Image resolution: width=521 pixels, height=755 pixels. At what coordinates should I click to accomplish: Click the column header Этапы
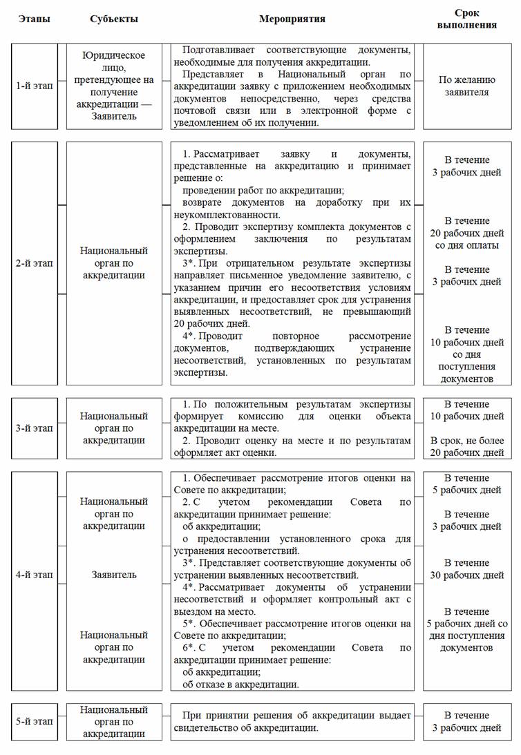point(34,19)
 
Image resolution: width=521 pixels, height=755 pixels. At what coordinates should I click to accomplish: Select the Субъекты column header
point(114,19)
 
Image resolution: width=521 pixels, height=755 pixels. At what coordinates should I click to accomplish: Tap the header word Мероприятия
point(292,19)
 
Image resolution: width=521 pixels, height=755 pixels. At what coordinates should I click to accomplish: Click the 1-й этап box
point(34,86)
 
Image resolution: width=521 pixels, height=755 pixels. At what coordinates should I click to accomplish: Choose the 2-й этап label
point(34,263)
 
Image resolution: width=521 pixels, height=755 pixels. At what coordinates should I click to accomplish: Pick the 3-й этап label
point(34,428)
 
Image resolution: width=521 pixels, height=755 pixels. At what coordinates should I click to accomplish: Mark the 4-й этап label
point(34,575)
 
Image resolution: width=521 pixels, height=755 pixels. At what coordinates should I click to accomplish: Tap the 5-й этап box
point(34,721)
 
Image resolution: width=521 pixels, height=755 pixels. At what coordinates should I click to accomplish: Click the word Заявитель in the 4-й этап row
point(114,575)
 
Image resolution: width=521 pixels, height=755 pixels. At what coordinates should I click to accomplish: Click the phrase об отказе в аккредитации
point(240,685)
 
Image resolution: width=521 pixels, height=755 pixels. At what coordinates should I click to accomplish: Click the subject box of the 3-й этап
point(114,428)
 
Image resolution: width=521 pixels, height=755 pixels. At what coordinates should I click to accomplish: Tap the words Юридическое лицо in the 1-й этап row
point(114,62)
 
